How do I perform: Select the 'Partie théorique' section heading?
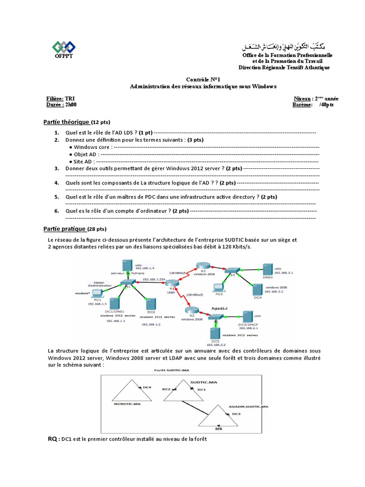(66, 122)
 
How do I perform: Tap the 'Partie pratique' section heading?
(65, 229)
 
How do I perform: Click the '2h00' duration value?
(70, 105)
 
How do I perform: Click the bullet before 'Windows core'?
(71, 147)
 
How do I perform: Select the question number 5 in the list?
(56, 196)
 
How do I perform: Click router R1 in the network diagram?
(170, 283)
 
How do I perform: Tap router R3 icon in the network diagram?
(200, 267)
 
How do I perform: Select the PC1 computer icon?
(98, 292)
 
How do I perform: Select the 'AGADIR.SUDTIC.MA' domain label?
(247, 407)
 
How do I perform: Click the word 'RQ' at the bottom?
(52, 438)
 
